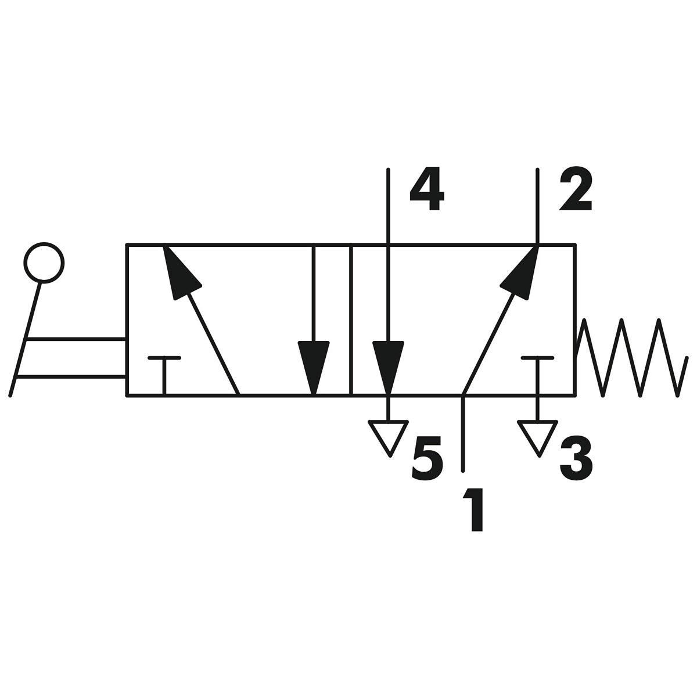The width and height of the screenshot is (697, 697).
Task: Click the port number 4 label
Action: click(x=427, y=192)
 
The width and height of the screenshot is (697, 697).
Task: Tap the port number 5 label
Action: click(x=427, y=461)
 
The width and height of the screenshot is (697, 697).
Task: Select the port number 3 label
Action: click(x=576, y=461)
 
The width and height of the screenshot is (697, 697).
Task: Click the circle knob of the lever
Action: click(x=44, y=263)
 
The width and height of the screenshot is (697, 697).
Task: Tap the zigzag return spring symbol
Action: click(x=630, y=357)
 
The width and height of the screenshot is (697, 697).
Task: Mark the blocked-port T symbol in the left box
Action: click(x=165, y=375)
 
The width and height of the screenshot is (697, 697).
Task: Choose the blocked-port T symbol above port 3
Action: click(x=537, y=375)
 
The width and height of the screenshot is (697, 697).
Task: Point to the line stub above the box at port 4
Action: click(x=388, y=206)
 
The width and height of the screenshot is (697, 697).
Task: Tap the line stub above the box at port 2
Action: click(x=537, y=206)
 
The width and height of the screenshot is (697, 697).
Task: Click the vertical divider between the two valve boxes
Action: click(x=351, y=319)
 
